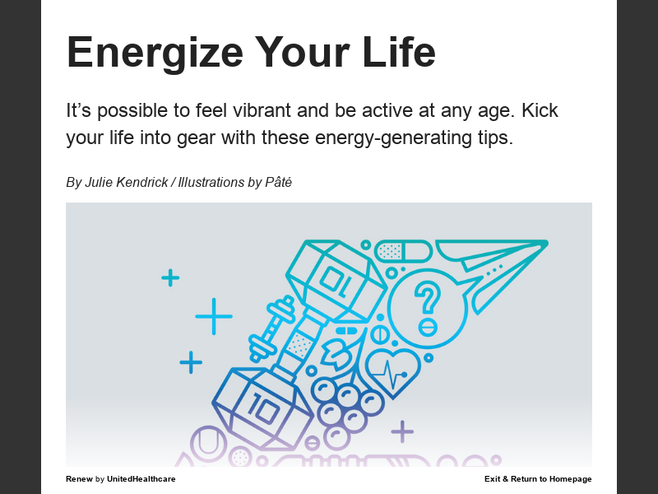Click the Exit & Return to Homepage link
click(x=538, y=479)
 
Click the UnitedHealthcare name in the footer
click(x=141, y=479)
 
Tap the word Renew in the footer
click(x=79, y=479)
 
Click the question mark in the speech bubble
click(x=426, y=301)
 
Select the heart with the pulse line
click(x=392, y=373)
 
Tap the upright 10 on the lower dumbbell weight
click(x=262, y=408)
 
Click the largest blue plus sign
click(x=214, y=316)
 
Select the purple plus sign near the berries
click(x=402, y=431)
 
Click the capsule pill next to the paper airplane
click(x=402, y=250)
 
